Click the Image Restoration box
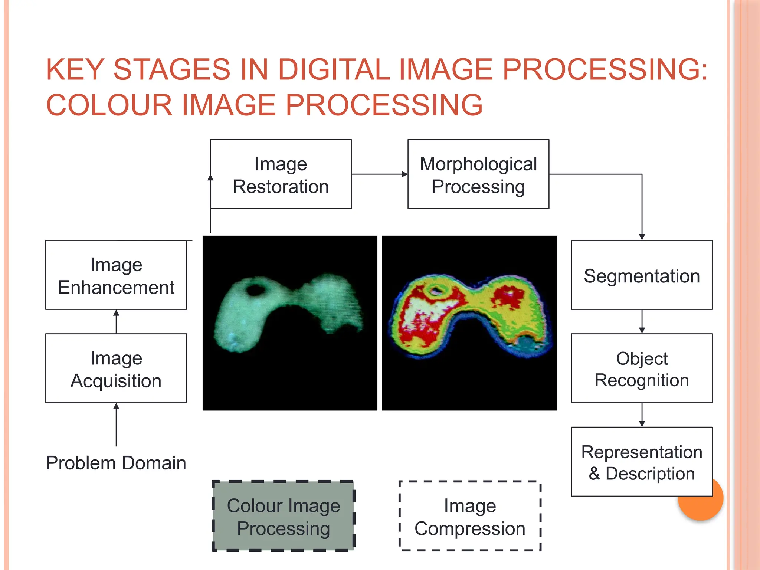[x=281, y=174]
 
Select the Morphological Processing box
[x=478, y=174]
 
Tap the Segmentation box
[x=642, y=275]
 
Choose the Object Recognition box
[x=642, y=368]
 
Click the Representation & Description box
[x=642, y=462]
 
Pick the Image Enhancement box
[x=116, y=275]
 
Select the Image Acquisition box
[x=116, y=368]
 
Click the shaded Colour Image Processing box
[x=283, y=516]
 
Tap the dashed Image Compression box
[x=470, y=516]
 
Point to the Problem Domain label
[x=116, y=463]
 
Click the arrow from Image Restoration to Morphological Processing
[x=379, y=174]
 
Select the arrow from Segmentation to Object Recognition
[x=642, y=322]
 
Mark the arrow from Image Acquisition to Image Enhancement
[x=116, y=321]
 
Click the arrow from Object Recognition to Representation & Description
[x=642, y=415]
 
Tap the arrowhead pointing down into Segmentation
[x=642, y=237]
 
